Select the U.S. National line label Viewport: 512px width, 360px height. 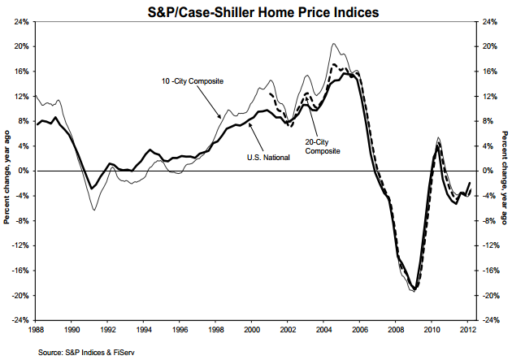(265, 157)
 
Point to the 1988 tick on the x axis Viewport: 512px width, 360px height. (37, 330)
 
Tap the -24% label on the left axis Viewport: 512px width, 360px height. (20, 320)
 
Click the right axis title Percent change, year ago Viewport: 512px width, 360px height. (505, 171)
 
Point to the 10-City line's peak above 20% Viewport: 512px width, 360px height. (335, 44)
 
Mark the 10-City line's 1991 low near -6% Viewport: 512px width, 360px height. (94, 210)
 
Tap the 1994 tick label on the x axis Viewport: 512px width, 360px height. (145, 330)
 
